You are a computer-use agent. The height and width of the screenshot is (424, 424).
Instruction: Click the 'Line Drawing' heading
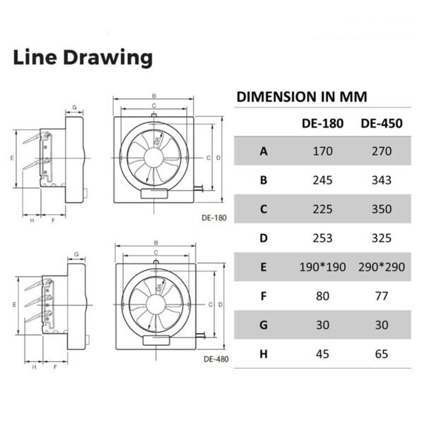click(83, 58)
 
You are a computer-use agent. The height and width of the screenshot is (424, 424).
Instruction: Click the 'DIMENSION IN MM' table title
click(302, 97)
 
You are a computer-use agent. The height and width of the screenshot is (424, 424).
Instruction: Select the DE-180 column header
click(323, 123)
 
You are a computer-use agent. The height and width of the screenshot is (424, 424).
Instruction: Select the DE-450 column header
click(382, 123)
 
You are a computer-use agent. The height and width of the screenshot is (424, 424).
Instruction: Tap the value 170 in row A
click(323, 151)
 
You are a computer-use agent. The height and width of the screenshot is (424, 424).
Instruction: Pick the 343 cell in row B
click(382, 180)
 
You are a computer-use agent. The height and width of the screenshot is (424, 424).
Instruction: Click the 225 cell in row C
click(323, 209)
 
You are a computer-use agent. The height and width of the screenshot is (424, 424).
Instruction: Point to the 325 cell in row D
click(382, 238)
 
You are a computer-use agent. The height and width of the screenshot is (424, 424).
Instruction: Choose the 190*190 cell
click(323, 267)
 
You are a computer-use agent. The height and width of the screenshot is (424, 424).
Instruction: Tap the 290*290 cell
click(382, 267)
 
